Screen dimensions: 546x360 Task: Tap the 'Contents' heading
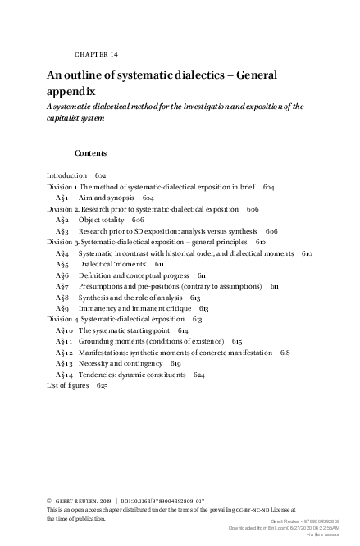point(90,153)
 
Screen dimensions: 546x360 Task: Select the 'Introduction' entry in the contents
point(66,175)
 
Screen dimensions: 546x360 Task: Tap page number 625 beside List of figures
point(103,384)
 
